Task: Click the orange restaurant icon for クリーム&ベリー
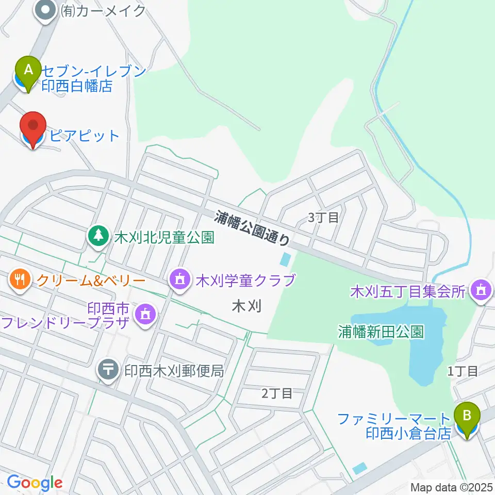20,280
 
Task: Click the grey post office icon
108,370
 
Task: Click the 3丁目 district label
323,218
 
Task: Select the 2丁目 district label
277,393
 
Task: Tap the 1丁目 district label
463,370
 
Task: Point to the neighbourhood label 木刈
247,306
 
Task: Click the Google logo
35,483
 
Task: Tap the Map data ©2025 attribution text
451,487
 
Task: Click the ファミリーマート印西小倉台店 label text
394,425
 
